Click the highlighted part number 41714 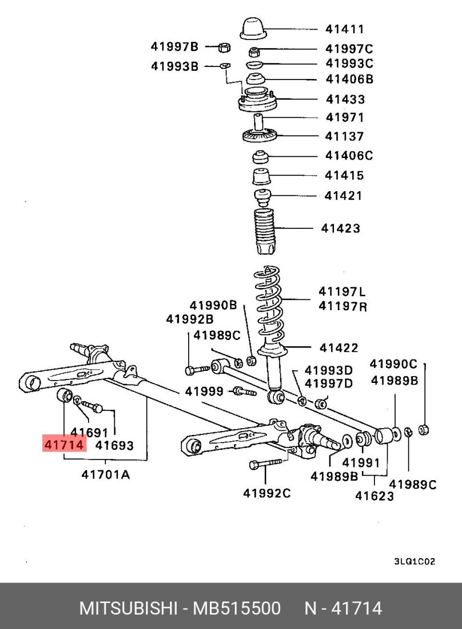pyautogui.click(x=63, y=444)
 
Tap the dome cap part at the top pyautogui.click(x=253, y=29)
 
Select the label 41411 pyautogui.click(x=345, y=29)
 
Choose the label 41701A pyautogui.click(x=105, y=474)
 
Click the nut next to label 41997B pyautogui.click(x=225, y=47)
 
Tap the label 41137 pyautogui.click(x=344, y=136)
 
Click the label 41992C pyautogui.click(x=267, y=492)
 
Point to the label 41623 pyautogui.click(x=375, y=496)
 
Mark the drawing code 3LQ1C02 pyautogui.click(x=415, y=561)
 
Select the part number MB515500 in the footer pyautogui.click(x=237, y=608)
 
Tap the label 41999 pyautogui.click(x=204, y=391)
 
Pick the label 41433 pyautogui.click(x=345, y=99)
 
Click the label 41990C pyautogui.click(x=393, y=363)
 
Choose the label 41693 pyautogui.click(x=114, y=445)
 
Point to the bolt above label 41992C pyautogui.click(x=266, y=464)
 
